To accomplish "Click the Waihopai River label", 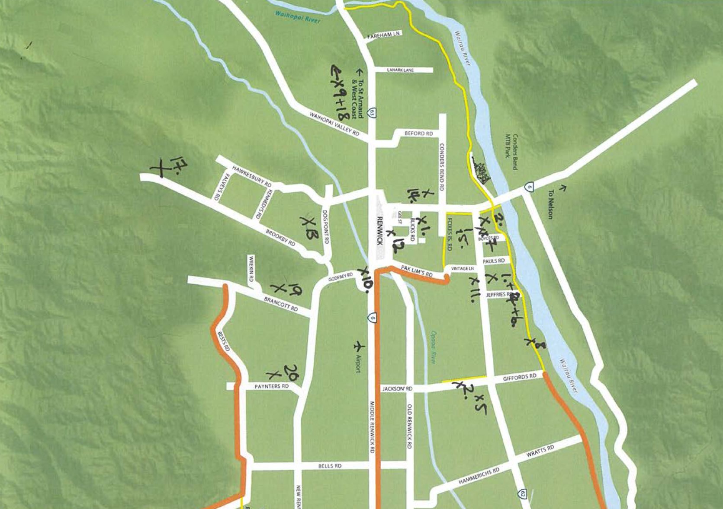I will click(x=298, y=16).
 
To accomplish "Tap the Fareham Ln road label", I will click(x=384, y=35).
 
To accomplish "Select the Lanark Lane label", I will click(x=400, y=70).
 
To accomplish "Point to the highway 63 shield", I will click(x=372, y=113).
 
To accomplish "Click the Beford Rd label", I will click(x=418, y=134).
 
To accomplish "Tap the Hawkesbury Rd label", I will click(x=252, y=176).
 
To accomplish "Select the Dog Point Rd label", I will click(x=325, y=226).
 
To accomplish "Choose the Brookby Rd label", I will click(x=280, y=238).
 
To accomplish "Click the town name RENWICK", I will click(x=379, y=230).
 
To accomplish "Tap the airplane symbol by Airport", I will click(x=359, y=347).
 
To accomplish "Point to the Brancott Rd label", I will click(x=281, y=304).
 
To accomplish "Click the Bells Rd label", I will click(x=330, y=466).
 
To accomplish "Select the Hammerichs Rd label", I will click(x=479, y=476).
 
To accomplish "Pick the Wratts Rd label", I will click(x=540, y=451).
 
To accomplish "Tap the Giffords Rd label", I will click(x=520, y=377).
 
